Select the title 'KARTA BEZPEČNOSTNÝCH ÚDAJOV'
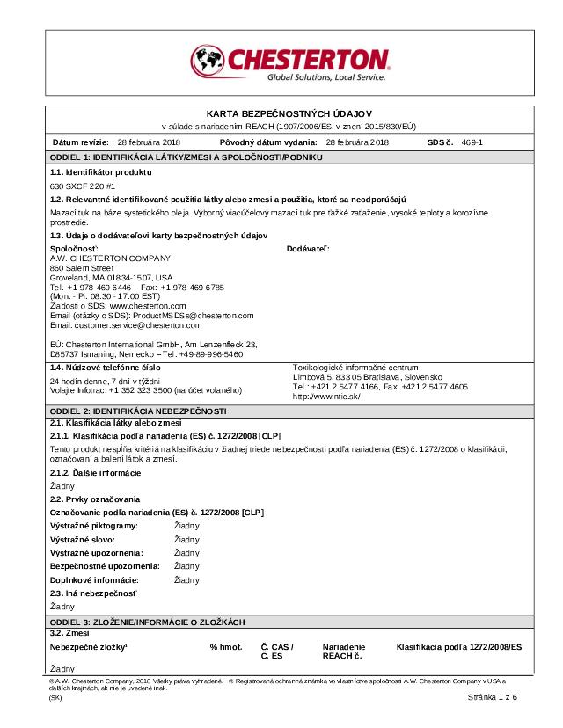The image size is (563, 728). click(289, 115)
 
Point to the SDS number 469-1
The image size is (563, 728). click(472, 142)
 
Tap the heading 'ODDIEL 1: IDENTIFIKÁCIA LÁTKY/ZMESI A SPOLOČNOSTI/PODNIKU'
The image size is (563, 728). click(186, 157)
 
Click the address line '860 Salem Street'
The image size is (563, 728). click(82, 267)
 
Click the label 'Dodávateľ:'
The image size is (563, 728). click(308, 249)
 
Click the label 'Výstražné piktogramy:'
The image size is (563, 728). click(94, 525)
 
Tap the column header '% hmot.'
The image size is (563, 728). click(225, 647)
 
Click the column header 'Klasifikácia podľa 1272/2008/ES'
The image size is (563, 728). click(458, 647)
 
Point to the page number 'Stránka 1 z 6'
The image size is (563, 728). click(493, 696)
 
